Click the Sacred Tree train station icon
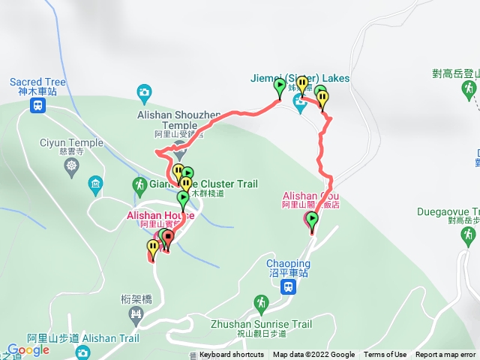pyautogui.click(x=37, y=106)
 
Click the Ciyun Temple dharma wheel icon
pyautogui.click(x=72, y=164)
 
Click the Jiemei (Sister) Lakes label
pyautogui.click(x=300, y=79)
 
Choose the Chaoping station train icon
pyautogui.click(x=288, y=287)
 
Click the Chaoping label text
pyautogui.click(x=288, y=264)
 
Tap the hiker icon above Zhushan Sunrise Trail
pyautogui.click(x=261, y=303)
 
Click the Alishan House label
pyautogui.click(x=165, y=215)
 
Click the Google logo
pyautogui.click(x=28, y=349)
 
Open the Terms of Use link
pyautogui.click(x=385, y=355)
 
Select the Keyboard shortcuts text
pyautogui.click(x=232, y=355)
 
